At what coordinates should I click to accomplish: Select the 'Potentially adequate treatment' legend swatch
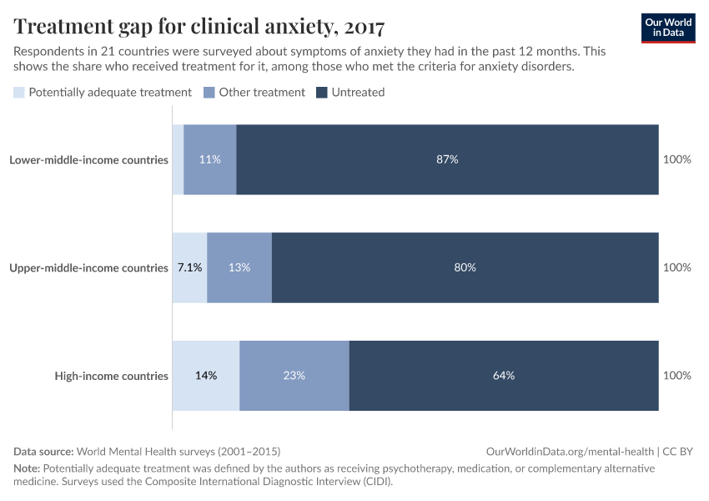[19, 93]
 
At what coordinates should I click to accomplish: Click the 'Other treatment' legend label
[262, 93]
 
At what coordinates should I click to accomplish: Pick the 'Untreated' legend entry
[358, 93]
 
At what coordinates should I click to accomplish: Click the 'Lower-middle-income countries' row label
[88, 159]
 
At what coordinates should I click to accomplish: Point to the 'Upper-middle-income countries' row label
[88, 268]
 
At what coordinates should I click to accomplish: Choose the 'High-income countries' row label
[111, 376]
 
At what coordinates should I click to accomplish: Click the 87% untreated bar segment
[447, 159]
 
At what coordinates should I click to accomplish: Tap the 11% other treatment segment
[210, 159]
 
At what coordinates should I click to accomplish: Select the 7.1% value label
[189, 268]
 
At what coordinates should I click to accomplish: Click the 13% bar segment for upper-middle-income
[239, 268]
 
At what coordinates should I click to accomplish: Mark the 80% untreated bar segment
[465, 268]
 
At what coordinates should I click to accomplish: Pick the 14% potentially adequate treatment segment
[206, 376]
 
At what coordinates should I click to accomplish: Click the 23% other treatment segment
[294, 376]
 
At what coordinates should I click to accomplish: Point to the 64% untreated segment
[504, 376]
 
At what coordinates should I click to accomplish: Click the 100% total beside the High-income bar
[676, 376]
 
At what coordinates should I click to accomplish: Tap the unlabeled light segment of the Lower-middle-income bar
[178, 159]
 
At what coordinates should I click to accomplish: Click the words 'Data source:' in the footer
[43, 451]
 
